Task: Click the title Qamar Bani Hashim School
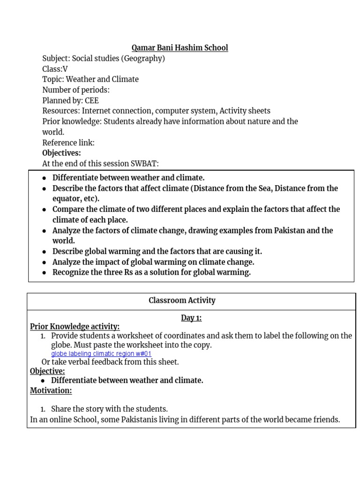coord(180,48)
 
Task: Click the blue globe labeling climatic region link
coord(101,354)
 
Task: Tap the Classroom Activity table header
coord(182,301)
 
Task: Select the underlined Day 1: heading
coord(191,318)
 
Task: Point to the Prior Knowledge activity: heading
coord(75,327)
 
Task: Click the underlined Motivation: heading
coord(51,390)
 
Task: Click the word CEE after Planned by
coord(91,100)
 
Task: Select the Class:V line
coord(55,69)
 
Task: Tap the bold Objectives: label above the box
coord(61,153)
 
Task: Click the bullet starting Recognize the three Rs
coord(151,272)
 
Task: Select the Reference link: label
coord(68,142)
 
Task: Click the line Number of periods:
coord(75,90)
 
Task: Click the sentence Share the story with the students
coord(109,409)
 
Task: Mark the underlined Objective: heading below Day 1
coord(47,371)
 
